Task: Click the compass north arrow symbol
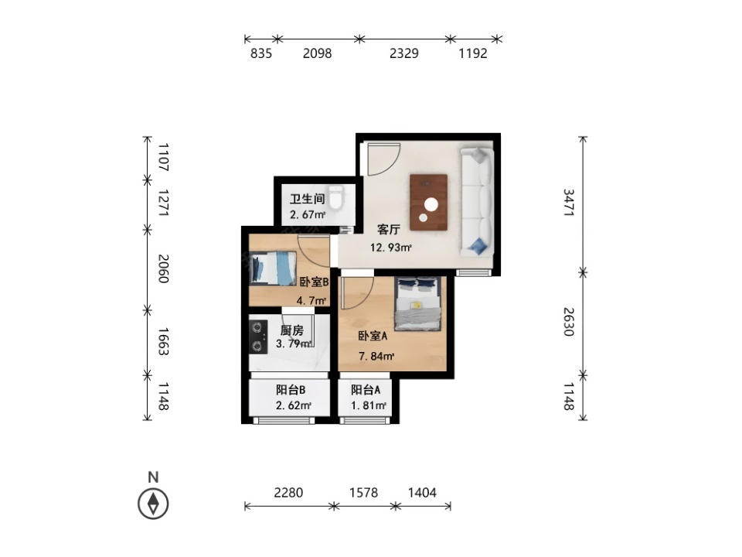click(x=153, y=504)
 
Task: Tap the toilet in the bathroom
click(x=336, y=197)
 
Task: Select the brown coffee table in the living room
click(x=429, y=202)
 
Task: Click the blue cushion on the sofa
click(x=478, y=245)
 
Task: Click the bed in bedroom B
click(x=273, y=268)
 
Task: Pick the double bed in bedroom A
click(x=418, y=303)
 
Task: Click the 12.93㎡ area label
click(x=390, y=248)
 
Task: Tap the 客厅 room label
click(x=389, y=230)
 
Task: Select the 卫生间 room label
click(x=307, y=199)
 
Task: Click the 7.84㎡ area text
click(x=376, y=356)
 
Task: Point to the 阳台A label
click(x=366, y=390)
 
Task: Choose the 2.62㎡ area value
click(x=294, y=405)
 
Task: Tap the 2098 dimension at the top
click(x=317, y=53)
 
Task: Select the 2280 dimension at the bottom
click(x=288, y=493)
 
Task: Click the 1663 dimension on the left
click(x=163, y=341)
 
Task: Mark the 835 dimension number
click(x=261, y=53)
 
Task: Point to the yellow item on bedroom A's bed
click(x=417, y=306)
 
